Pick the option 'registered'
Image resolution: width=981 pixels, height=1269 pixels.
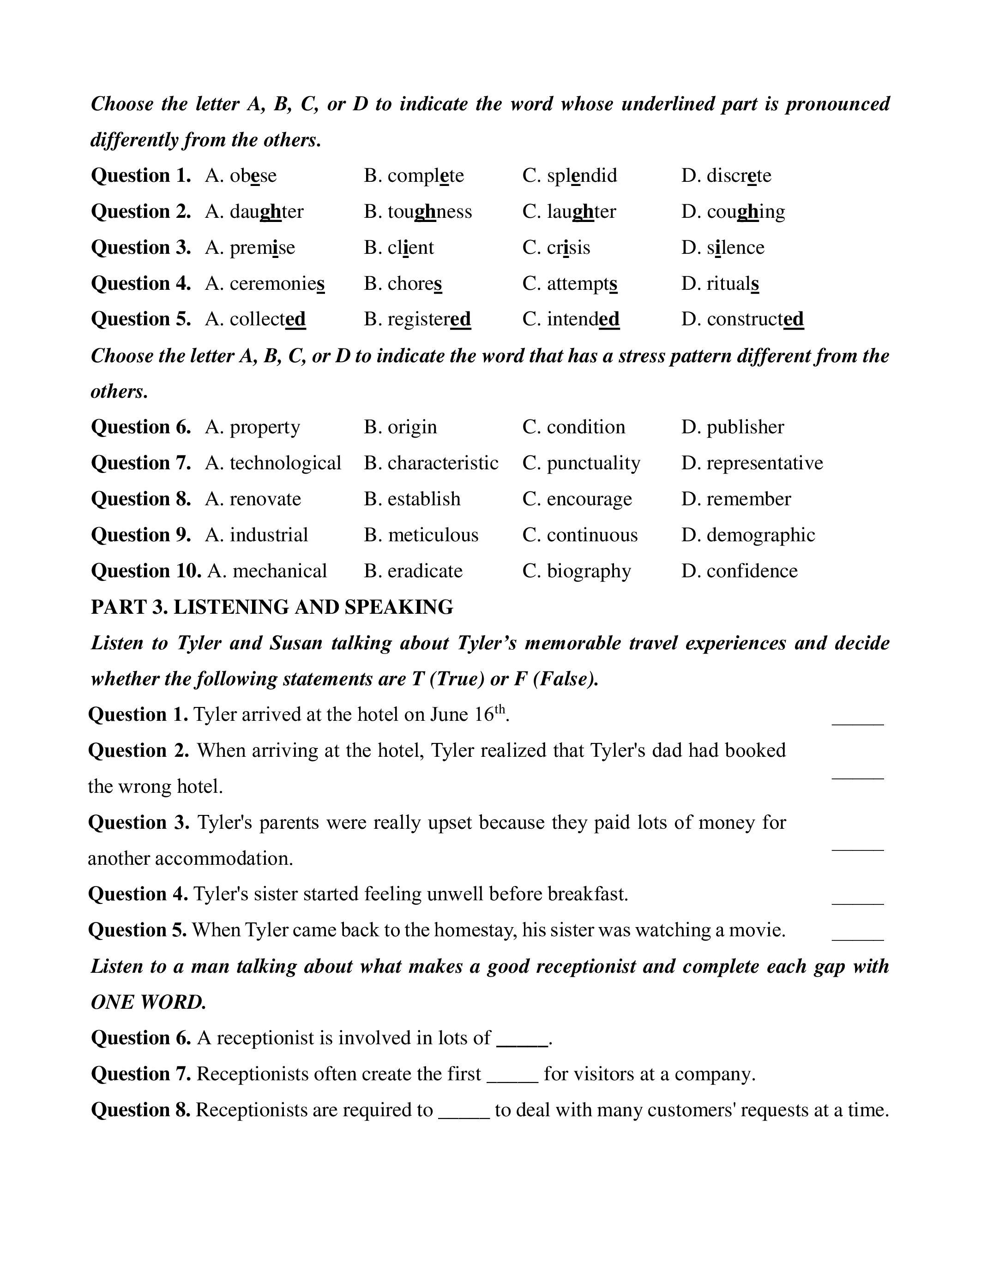coord(429,320)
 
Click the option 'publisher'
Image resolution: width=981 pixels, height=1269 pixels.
coord(745,427)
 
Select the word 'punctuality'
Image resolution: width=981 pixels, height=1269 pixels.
coord(593,463)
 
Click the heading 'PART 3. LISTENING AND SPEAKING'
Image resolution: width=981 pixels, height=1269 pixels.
coord(272,607)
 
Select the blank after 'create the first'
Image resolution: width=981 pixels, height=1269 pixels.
coord(512,1080)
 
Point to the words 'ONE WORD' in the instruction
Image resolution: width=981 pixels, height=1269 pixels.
coord(148,1002)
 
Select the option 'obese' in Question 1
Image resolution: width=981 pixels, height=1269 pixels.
coord(253,175)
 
